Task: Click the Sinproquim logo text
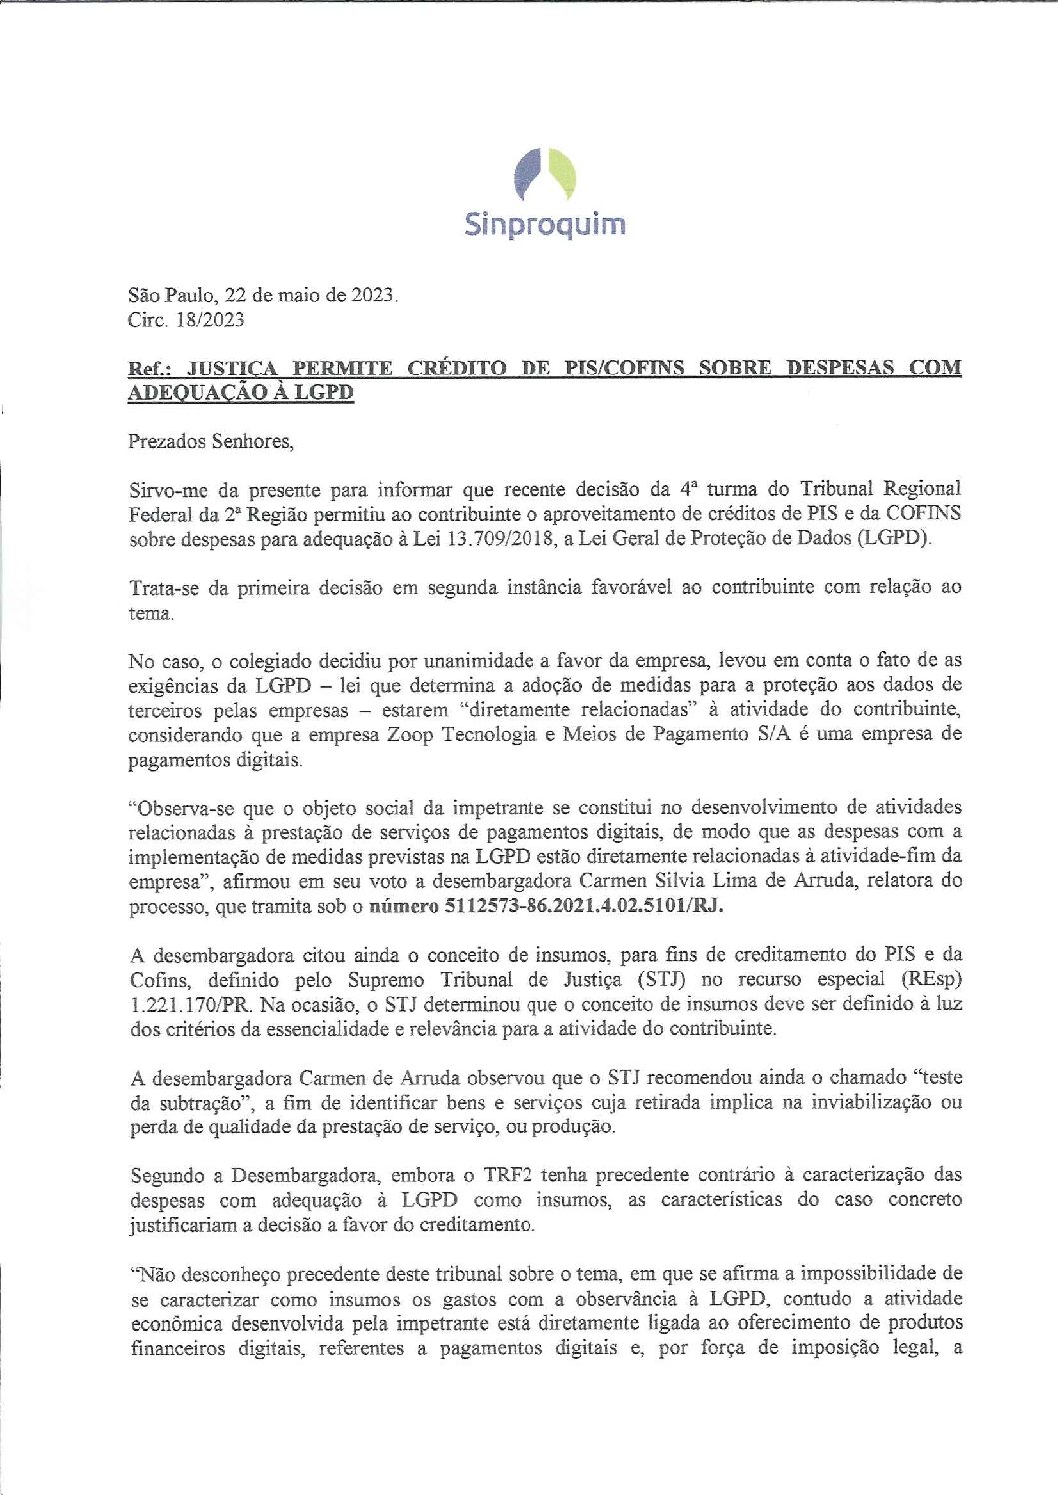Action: [544, 224]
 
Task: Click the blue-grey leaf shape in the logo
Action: [527, 175]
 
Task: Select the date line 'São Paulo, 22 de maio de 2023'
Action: [262, 295]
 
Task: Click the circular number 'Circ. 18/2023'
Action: [186, 320]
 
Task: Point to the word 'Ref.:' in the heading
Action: [150, 368]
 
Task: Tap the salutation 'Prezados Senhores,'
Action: [211, 441]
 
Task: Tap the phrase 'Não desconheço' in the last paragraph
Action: [200, 1274]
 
